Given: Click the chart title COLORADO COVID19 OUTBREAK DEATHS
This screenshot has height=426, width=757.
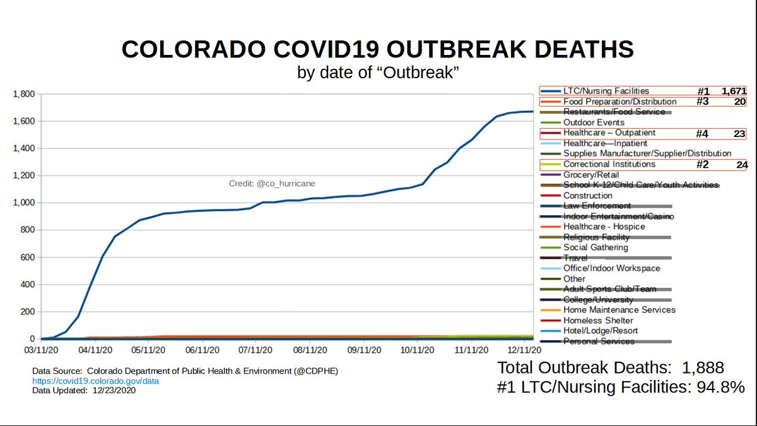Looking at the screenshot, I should coord(377,49).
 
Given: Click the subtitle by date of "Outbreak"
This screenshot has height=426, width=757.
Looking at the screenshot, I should coord(377,73).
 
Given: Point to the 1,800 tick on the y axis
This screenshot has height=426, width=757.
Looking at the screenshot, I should coord(25,94).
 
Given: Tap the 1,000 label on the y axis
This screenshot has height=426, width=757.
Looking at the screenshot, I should coord(25,203).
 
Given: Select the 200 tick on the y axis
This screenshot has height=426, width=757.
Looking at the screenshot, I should coord(28,312).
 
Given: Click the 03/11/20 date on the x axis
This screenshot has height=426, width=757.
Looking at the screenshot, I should coord(42,348).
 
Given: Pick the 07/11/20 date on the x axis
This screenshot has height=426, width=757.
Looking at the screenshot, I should coord(255,348).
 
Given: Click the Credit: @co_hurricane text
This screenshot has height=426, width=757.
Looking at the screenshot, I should coord(271,184).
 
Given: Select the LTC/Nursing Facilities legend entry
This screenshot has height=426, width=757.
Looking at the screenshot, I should coord(606,91).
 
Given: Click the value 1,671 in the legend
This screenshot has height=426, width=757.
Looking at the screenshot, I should coord(734,92).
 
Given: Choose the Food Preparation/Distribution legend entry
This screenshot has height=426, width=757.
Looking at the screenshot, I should coord(619,102).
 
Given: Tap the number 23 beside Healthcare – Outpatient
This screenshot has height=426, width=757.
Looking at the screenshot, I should coord(739,133).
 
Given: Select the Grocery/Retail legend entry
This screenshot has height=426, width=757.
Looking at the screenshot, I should coord(590,175).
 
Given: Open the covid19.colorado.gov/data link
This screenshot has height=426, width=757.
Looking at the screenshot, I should coord(95,381).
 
